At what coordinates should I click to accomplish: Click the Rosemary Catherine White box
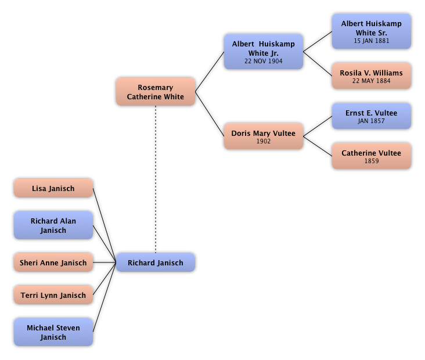coord(156,92)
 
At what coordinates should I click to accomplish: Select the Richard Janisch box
coord(156,263)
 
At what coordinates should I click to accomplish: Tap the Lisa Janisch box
coord(53,189)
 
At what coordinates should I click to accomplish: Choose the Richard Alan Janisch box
coord(53,225)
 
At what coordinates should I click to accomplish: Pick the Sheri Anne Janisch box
coord(53,263)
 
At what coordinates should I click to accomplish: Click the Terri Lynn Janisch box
coord(53,296)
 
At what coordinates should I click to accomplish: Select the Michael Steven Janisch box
coord(53,332)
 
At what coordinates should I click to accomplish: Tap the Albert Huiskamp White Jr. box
coord(263,51)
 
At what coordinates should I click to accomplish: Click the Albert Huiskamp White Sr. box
coord(372,31)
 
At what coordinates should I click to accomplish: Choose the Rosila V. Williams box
coord(372,76)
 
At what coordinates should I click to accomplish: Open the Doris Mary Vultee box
coord(263,136)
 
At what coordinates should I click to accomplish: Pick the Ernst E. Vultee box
coord(372,116)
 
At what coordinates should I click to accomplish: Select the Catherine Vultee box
coord(372,156)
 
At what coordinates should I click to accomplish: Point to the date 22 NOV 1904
coord(264,61)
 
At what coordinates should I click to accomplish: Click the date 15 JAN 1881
coord(372,41)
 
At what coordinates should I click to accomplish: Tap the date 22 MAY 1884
coord(372,81)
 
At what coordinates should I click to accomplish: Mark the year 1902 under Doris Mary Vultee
coord(264,141)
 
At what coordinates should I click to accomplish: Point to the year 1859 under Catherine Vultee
coord(372,161)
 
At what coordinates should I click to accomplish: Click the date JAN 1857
coord(372,121)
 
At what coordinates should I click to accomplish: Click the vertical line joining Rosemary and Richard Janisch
coord(156,180)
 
